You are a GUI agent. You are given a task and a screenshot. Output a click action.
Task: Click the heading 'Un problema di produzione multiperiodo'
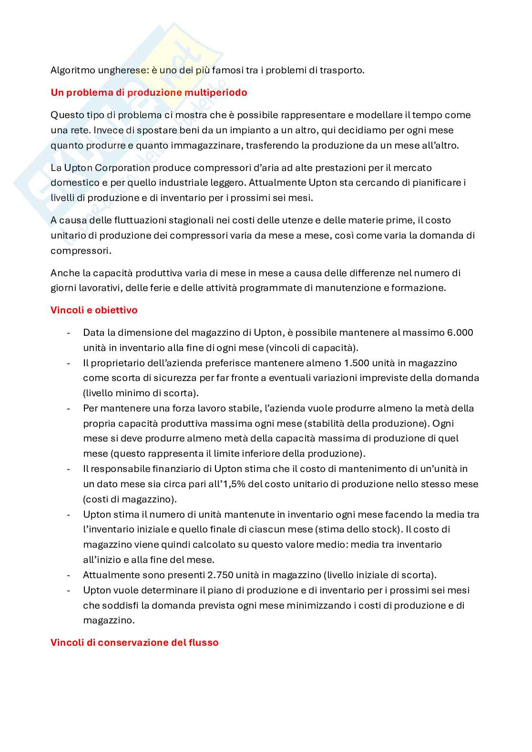point(149,92)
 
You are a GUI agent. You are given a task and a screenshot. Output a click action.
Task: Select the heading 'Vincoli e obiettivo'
point(94,310)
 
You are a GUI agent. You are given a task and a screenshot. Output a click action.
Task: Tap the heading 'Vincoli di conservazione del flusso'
point(134,642)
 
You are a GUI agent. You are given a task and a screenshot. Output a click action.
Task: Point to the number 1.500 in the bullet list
point(356,363)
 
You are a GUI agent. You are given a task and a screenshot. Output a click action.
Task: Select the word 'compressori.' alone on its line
point(81,251)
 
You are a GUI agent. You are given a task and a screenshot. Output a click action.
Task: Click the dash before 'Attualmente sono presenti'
point(69,575)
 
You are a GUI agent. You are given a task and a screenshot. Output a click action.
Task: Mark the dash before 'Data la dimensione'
point(69,332)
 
